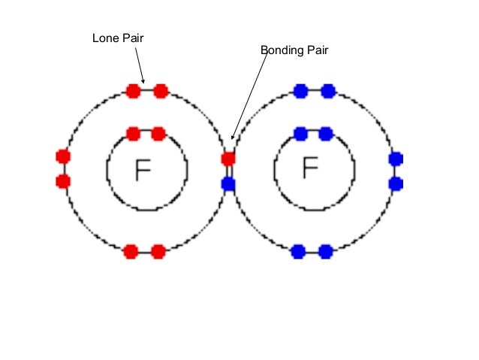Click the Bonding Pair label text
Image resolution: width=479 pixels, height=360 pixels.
pyautogui.click(x=294, y=50)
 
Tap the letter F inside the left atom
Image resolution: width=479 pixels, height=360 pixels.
pyautogui.click(x=142, y=171)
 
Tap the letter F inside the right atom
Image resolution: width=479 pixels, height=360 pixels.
pyautogui.click(x=309, y=168)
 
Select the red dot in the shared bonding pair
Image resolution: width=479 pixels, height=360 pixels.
pyautogui.click(x=228, y=159)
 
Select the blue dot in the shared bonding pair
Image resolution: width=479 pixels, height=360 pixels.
pyautogui.click(x=228, y=184)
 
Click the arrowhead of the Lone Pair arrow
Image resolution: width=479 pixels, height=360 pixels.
pyautogui.click(x=144, y=80)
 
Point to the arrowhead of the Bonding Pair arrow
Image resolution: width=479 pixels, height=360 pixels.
pyautogui.click(x=233, y=138)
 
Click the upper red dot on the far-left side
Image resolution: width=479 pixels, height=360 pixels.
pyautogui.click(x=63, y=156)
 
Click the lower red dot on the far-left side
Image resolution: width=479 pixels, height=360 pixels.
pyautogui.click(x=63, y=181)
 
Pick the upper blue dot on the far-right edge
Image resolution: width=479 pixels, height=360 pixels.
pyautogui.click(x=396, y=159)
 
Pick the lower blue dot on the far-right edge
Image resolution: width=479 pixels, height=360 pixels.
pyautogui.click(x=396, y=183)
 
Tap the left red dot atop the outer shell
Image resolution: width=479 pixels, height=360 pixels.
pyautogui.click(x=134, y=91)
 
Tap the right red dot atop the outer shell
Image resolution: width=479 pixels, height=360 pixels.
pyautogui.click(x=160, y=91)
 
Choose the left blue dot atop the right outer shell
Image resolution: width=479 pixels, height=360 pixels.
pyautogui.click(x=301, y=91)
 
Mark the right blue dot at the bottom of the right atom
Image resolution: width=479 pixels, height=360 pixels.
pyautogui.click(x=325, y=251)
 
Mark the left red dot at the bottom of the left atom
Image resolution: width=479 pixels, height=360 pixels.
pyautogui.click(x=131, y=251)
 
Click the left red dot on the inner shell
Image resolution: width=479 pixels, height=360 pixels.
pyautogui.click(x=133, y=134)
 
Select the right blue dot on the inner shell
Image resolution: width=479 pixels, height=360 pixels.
pyautogui.click(x=326, y=134)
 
